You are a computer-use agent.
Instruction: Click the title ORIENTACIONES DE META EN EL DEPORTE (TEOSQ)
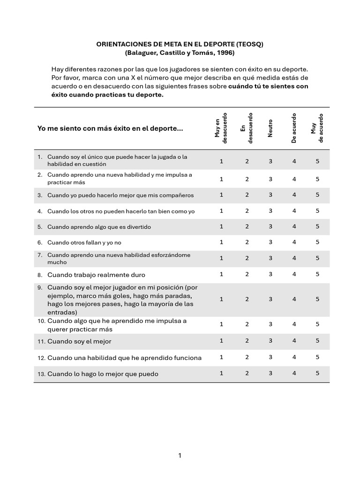[x=180, y=44]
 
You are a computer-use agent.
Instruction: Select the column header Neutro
[x=270, y=128]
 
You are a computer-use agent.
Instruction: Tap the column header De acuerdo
[x=294, y=128]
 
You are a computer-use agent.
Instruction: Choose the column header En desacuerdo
[x=247, y=128]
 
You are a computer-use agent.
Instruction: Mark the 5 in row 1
[x=317, y=161]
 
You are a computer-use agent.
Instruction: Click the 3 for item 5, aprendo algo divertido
[x=270, y=226]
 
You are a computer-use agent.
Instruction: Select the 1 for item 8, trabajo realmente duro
[x=222, y=274]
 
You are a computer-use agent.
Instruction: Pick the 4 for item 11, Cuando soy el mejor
[x=294, y=341]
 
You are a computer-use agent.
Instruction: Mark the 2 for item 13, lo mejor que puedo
[x=247, y=373]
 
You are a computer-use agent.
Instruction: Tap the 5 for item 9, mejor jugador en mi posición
[x=317, y=299]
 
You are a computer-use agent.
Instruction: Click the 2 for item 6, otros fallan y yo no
[x=247, y=242]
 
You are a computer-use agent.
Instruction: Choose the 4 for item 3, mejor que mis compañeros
[x=294, y=195]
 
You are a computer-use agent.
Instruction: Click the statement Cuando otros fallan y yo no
[x=84, y=243]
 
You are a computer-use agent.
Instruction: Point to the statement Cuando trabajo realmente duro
[x=96, y=275]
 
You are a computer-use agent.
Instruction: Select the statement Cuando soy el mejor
[x=79, y=342]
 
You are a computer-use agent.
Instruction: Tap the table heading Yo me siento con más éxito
[x=110, y=128]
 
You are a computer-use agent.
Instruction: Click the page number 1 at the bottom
[x=180, y=455]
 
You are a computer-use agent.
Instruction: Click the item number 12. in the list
[x=41, y=358]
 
